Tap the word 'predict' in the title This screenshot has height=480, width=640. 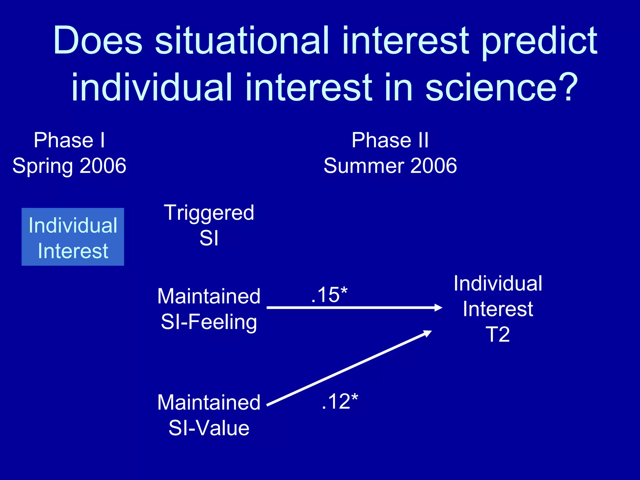(x=539, y=41)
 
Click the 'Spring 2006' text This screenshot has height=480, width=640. (x=69, y=166)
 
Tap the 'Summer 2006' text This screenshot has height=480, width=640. (x=390, y=166)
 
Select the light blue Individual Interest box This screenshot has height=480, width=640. (x=73, y=237)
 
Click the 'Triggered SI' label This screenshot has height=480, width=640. (x=209, y=225)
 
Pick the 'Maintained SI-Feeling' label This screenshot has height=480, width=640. (x=209, y=309)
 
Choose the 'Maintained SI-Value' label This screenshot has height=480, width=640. (x=209, y=415)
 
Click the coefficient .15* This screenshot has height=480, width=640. (x=329, y=295)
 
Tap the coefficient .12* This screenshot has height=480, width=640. (x=340, y=401)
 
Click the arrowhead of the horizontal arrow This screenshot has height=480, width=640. (x=439, y=308)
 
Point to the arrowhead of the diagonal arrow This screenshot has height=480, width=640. (x=428, y=333)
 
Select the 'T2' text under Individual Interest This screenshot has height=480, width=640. (x=498, y=335)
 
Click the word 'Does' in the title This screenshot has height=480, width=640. (x=98, y=41)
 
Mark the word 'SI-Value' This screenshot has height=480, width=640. (x=209, y=428)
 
